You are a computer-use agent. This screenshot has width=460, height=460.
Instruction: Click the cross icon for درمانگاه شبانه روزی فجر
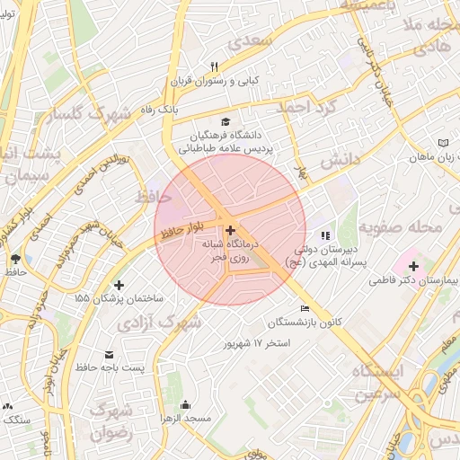pos(230,231)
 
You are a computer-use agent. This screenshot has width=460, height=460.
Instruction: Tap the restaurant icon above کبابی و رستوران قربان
pos(214,66)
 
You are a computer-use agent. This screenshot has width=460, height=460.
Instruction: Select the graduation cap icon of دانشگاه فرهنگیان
pos(224,122)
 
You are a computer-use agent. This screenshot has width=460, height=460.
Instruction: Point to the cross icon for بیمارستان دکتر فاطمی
pos(413,266)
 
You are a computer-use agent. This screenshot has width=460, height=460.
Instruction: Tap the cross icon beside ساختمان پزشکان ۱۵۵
pos(119,285)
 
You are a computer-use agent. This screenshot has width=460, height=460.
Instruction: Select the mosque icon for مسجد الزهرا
pos(185,405)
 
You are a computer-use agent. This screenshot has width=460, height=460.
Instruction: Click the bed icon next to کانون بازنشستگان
pos(305,308)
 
